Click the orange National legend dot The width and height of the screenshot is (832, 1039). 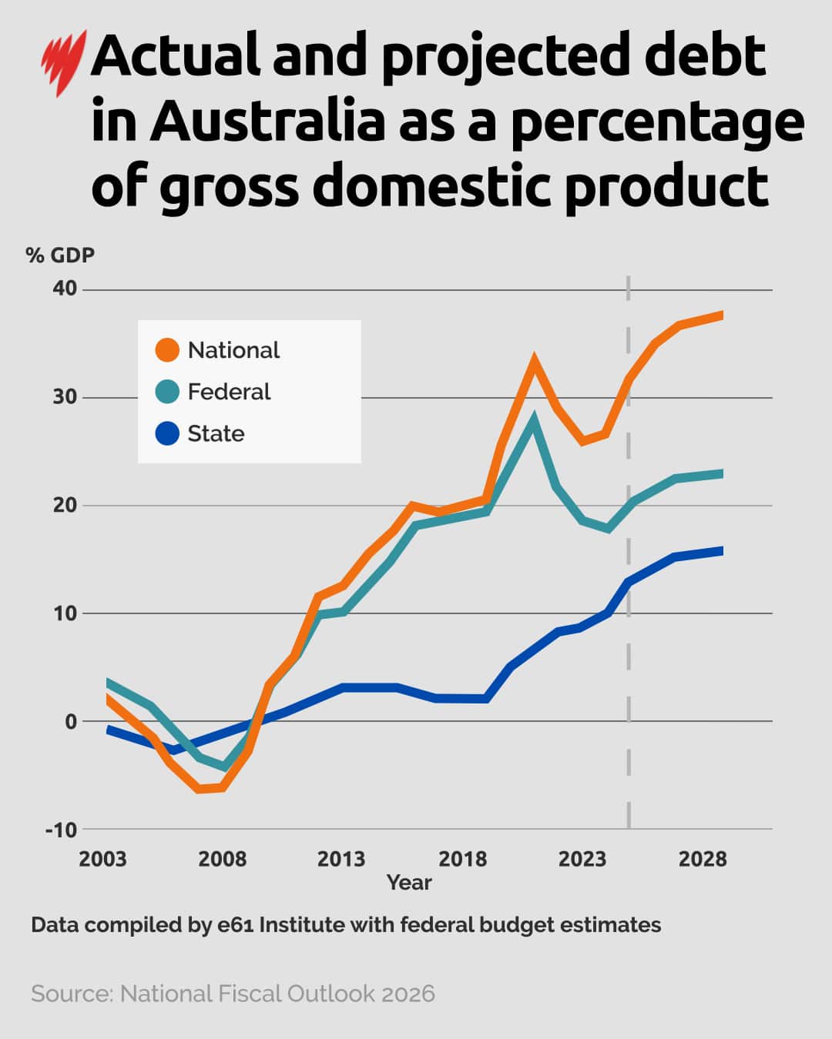click(x=167, y=350)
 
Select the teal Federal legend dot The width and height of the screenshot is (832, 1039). click(x=167, y=392)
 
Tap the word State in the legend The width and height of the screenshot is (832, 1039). click(x=216, y=433)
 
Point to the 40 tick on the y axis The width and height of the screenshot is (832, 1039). click(x=65, y=289)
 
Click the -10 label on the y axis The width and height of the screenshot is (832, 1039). click(x=62, y=830)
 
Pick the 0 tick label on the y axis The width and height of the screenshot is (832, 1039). click(x=71, y=722)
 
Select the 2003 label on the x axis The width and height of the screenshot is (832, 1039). click(x=102, y=859)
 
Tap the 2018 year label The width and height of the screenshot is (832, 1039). click(x=462, y=859)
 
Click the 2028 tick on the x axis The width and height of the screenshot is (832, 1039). click(x=703, y=859)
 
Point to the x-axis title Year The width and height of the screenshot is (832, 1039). click(x=409, y=883)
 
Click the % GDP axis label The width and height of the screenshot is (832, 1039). click(x=60, y=255)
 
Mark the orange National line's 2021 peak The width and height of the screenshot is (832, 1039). click(x=534, y=360)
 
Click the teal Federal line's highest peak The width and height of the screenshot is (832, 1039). click(x=534, y=420)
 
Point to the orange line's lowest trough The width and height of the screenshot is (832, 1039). click(x=200, y=789)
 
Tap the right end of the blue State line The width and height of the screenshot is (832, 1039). click(x=721, y=550)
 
